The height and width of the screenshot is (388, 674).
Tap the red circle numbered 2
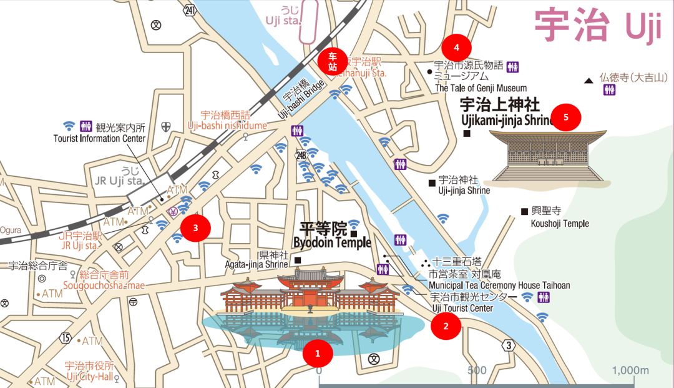pos(446,326)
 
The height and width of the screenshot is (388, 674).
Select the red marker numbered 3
pos(195,228)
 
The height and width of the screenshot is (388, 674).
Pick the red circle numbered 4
pos(457,47)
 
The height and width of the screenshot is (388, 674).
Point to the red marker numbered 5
pos(566,117)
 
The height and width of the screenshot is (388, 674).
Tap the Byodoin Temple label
pos(332,242)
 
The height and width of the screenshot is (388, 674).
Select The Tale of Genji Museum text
pos(481,88)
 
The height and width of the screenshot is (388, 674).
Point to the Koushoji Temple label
pos(559,223)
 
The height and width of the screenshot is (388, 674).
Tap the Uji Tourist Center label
pos(462,308)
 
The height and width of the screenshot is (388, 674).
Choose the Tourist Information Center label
pos(99,139)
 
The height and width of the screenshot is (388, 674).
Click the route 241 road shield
pos(190,11)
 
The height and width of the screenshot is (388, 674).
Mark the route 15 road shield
pos(66,337)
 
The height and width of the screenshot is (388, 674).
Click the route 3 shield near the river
pos(509,345)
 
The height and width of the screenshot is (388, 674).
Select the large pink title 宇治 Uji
pos(597,26)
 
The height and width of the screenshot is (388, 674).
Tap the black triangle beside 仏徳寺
pos(588,81)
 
